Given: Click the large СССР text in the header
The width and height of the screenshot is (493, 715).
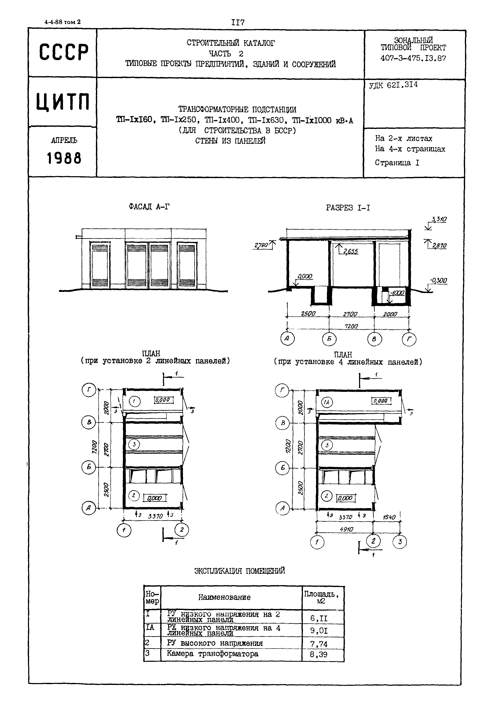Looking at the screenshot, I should pos(64,52).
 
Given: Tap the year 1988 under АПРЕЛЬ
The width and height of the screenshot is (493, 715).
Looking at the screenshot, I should pos(64,158).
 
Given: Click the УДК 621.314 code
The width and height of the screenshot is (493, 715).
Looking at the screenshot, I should pos(393,85).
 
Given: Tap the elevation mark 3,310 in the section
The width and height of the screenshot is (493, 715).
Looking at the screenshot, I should pos(439,219).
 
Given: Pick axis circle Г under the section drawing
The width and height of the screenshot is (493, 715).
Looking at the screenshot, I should pos(409,339).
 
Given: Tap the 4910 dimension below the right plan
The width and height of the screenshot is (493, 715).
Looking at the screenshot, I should pos(346,529).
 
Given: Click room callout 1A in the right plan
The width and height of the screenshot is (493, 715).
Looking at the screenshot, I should pos(327,402).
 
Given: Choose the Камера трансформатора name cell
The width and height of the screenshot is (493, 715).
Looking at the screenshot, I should pos(213,653).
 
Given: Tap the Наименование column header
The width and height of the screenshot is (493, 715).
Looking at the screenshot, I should pos(224,597).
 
